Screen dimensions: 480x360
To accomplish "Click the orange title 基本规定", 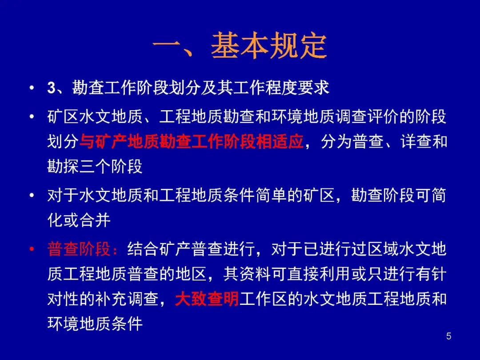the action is coord(269,46).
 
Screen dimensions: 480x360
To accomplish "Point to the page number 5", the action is coord(448,336).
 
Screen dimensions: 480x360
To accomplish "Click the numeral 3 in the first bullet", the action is coord(51,88).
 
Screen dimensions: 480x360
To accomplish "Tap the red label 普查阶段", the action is coord(79,248).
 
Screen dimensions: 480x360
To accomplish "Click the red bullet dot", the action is coord(32,249).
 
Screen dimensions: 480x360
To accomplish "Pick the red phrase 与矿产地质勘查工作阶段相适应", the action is coord(191,142).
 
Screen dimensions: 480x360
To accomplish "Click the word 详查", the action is coord(416,142).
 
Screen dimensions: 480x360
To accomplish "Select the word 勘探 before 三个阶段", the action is coord(63,167).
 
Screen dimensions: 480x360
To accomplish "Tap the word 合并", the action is coord(95,220).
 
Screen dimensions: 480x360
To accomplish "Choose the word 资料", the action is coord(255,274).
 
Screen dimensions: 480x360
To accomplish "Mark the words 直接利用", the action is coord(319,274).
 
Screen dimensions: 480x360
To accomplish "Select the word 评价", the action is coord(384,116).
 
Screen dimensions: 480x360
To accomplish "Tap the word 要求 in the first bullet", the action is coord(313,88).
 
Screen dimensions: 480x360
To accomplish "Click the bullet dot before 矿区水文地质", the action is coord(32,117).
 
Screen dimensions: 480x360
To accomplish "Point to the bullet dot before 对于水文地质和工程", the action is coord(32,195).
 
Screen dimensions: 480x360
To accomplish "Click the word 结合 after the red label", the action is coord(143,248).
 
